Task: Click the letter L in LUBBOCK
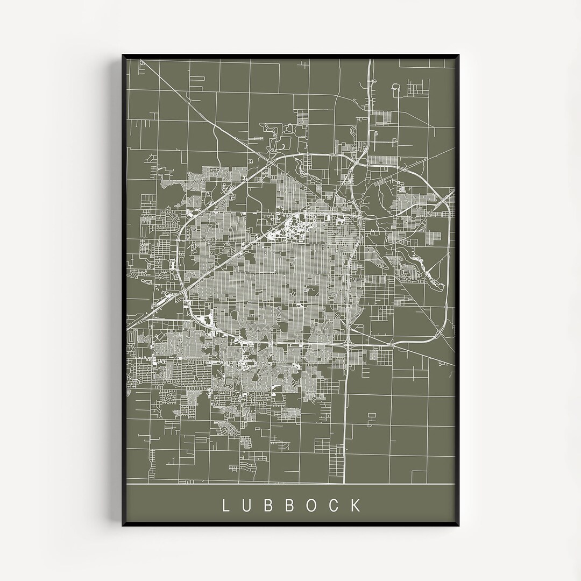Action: pos(225,505)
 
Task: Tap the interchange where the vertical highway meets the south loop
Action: pos(348,344)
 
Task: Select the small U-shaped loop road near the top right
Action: pos(396,89)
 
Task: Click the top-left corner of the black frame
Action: pos(123,55)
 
